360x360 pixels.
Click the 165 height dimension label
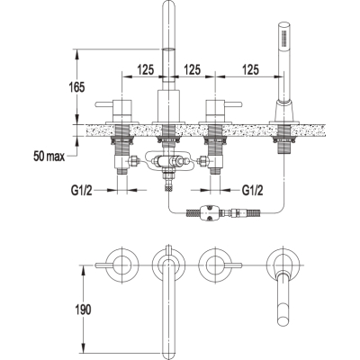pos(77,87)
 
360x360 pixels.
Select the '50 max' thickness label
pos(49,157)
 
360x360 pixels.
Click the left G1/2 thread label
pos(81,190)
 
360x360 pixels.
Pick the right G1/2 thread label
pos(253,190)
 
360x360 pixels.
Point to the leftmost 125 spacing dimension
pos(146,69)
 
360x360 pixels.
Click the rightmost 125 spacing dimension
pos(250,69)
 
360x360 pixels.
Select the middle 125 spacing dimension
pos(192,69)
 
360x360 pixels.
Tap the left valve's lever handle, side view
pos(104,104)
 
